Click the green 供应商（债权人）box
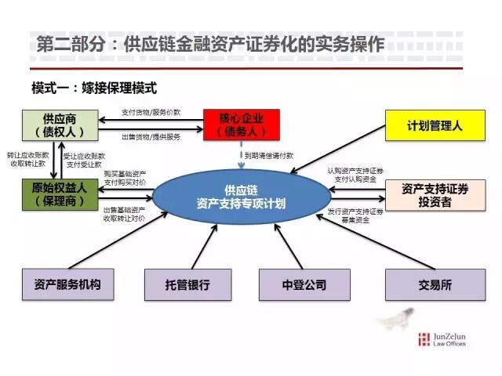60,125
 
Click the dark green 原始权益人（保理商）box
60,194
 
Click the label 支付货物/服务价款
151,112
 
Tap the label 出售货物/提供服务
151,136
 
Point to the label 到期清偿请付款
268,157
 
